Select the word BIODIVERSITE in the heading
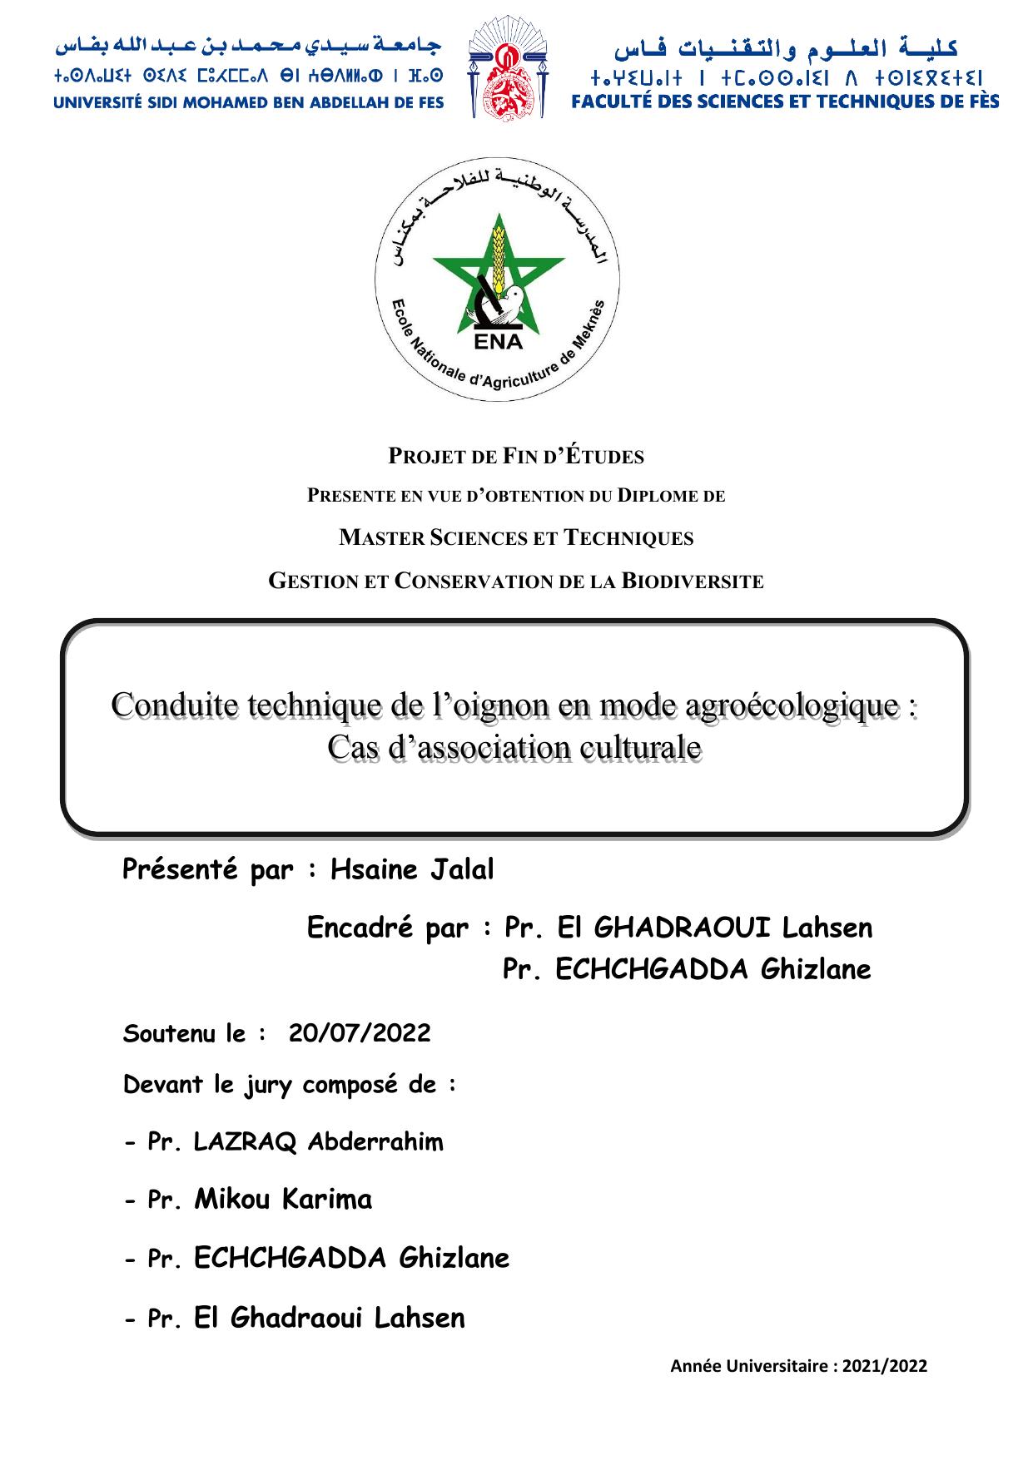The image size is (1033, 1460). click(693, 582)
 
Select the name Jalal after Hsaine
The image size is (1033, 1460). click(462, 869)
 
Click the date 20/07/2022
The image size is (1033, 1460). click(360, 1033)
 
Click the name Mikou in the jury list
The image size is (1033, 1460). click(234, 1199)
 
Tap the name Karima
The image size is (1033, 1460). click(327, 1199)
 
